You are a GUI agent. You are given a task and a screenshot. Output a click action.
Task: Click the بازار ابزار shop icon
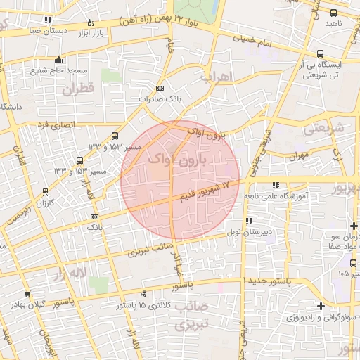tap(90, 24)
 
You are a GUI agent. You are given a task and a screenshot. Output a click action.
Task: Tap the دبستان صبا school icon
tap(47, 20)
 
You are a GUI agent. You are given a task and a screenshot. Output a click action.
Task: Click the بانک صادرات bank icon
tap(160, 89)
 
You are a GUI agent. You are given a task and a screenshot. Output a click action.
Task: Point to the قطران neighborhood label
tap(77, 89)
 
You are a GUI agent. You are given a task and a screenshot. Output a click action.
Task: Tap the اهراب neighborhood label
tap(215, 77)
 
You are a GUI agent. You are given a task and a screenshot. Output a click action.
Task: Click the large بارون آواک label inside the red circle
tap(179, 160)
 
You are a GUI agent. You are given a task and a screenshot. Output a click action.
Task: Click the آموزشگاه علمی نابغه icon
tap(275, 186)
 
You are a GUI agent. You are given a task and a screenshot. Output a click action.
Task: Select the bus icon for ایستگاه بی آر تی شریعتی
tap(321, 53)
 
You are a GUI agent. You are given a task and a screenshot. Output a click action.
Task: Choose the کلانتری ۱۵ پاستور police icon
tap(144, 295)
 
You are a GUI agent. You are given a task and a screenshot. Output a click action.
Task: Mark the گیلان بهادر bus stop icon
tap(27, 294)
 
